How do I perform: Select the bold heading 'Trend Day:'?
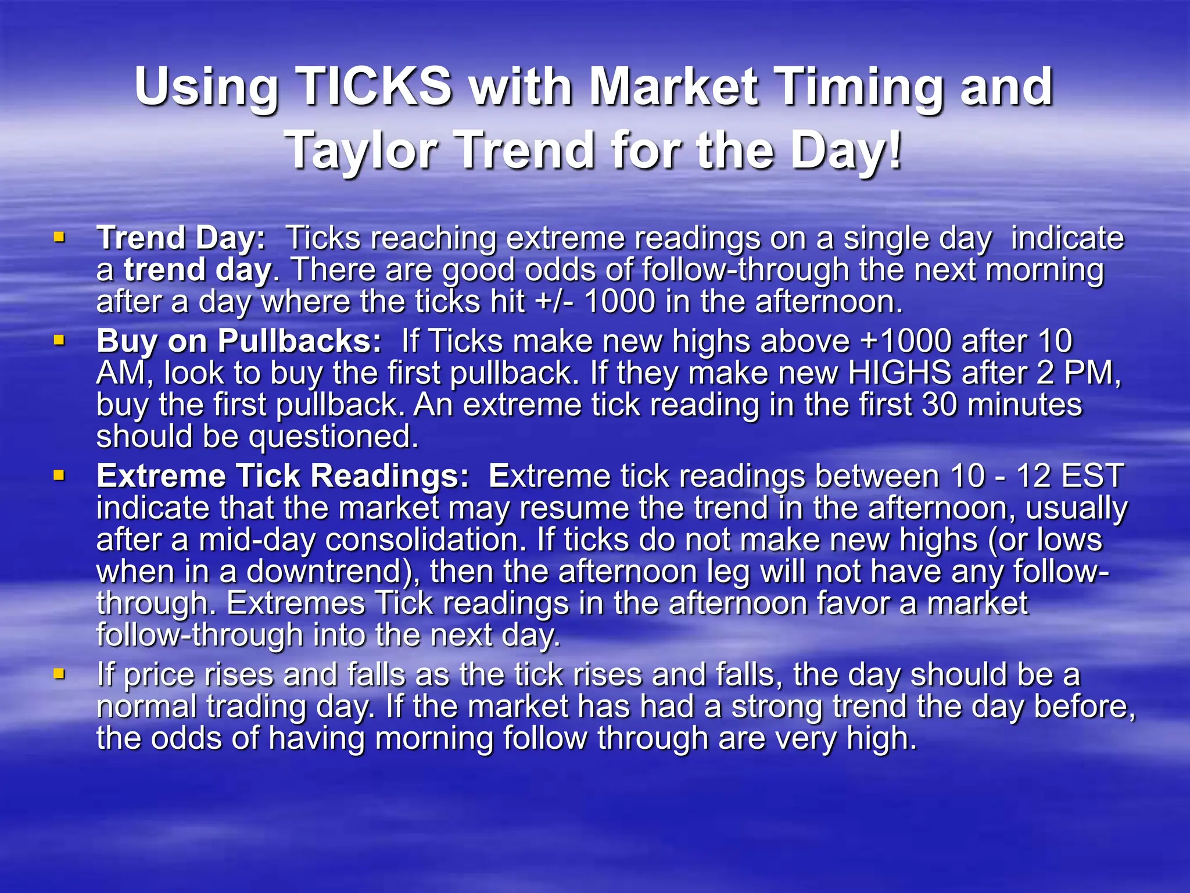pyautogui.click(x=181, y=238)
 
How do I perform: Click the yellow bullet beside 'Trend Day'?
pyautogui.click(x=59, y=237)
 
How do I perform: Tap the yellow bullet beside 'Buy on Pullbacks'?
pyautogui.click(x=59, y=340)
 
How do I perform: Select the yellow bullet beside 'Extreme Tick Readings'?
pyautogui.click(x=59, y=476)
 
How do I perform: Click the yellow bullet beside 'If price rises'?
pyautogui.click(x=59, y=674)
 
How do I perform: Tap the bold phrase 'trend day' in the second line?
pyautogui.click(x=198, y=270)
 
